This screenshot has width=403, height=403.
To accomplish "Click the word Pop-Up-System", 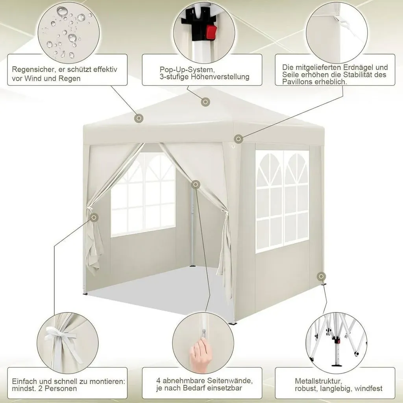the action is [187, 69].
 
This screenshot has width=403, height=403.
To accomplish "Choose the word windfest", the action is [368, 388].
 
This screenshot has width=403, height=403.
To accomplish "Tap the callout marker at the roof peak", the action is [205, 102].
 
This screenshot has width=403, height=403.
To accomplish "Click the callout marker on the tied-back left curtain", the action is [94, 218].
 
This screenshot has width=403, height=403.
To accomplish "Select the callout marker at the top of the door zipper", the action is [196, 184].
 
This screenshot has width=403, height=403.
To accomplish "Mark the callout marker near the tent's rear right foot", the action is [321, 277].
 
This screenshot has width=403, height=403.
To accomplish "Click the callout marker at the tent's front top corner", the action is [238, 139].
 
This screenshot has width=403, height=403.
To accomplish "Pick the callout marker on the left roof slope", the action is [139, 118].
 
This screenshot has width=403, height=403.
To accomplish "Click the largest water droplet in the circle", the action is [63, 11].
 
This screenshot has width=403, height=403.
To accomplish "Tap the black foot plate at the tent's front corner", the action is [233, 324].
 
